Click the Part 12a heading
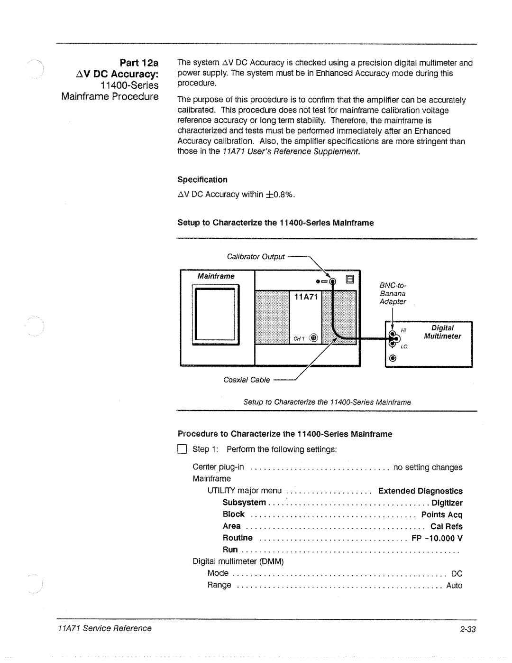tap(140, 63)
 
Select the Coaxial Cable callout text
tap(247, 380)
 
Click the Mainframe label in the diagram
tap(216, 276)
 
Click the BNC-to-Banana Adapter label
tap(393, 293)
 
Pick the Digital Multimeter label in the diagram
tap(442, 332)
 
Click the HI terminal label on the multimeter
tap(404, 330)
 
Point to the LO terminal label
tap(404, 346)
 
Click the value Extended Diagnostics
tap(420, 491)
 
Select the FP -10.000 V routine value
tap(437, 538)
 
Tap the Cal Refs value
tap(446, 526)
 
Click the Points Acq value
tap(441, 514)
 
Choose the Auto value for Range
tap(454, 586)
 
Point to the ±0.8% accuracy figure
tap(280, 194)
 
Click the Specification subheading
tap(202, 179)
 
